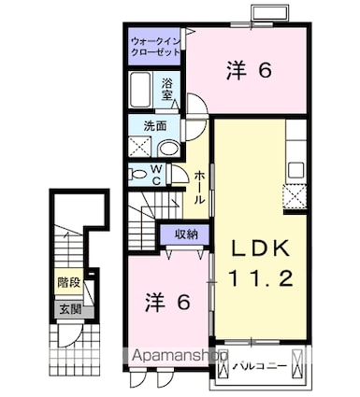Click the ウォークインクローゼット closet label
[x=155, y=48]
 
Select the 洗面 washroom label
[x=155, y=125]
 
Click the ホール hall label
[x=200, y=186]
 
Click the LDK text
[x=260, y=249]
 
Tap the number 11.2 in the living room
[x=260, y=277]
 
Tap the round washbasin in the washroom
[x=167, y=148]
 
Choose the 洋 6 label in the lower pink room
[x=168, y=302]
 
